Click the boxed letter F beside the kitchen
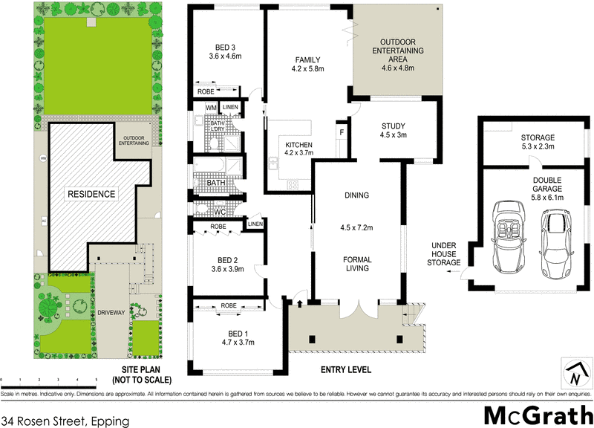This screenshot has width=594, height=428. pyautogui.click(x=341, y=132)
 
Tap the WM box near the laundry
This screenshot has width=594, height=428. pyautogui.click(x=211, y=108)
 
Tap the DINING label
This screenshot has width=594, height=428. pyautogui.click(x=356, y=196)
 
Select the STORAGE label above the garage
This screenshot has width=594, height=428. pyautogui.click(x=538, y=137)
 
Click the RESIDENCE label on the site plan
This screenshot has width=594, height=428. pyautogui.click(x=92, y=195)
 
